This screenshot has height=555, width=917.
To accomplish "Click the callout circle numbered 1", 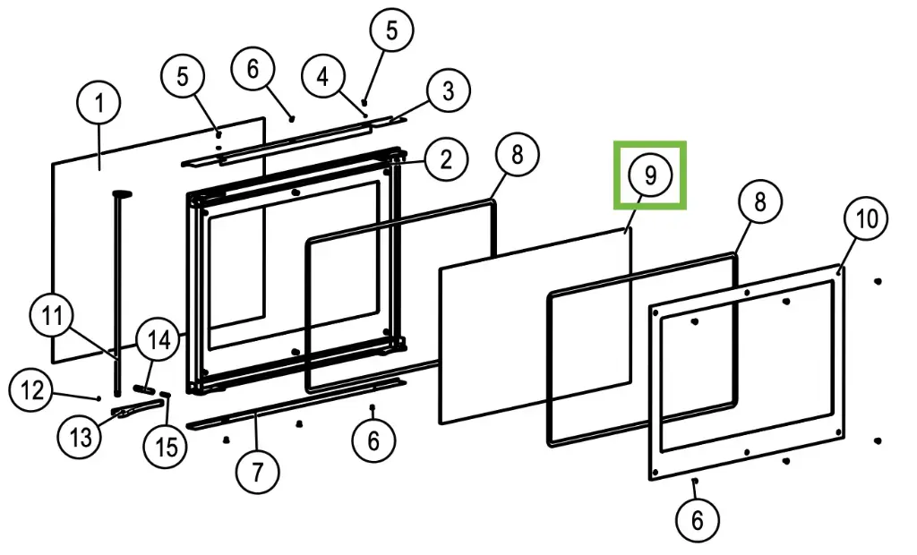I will [x=99, y=104].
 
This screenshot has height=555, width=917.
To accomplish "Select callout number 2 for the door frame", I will [x=445, y=159].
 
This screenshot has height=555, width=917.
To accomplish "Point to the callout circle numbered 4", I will [x=322, y=76].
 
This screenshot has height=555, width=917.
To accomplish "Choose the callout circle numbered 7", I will [x=258, y=472].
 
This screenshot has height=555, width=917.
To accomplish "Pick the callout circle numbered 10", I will [x=867, y=218].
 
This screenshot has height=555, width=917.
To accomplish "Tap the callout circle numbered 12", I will [x=32, y=390].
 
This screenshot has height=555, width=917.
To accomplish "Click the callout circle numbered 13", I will [x=81, y=438].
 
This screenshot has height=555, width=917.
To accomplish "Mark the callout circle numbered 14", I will [x=159, y=340].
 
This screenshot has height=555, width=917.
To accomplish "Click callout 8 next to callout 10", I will [x=759, y=201].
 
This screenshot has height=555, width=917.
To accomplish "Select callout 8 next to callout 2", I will [x=517, y=155].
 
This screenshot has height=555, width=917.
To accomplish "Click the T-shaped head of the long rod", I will [x=122, y=192].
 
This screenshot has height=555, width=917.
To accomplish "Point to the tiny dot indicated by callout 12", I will [x=97, y=397].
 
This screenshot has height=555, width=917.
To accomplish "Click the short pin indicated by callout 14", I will [x=142, y=389].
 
